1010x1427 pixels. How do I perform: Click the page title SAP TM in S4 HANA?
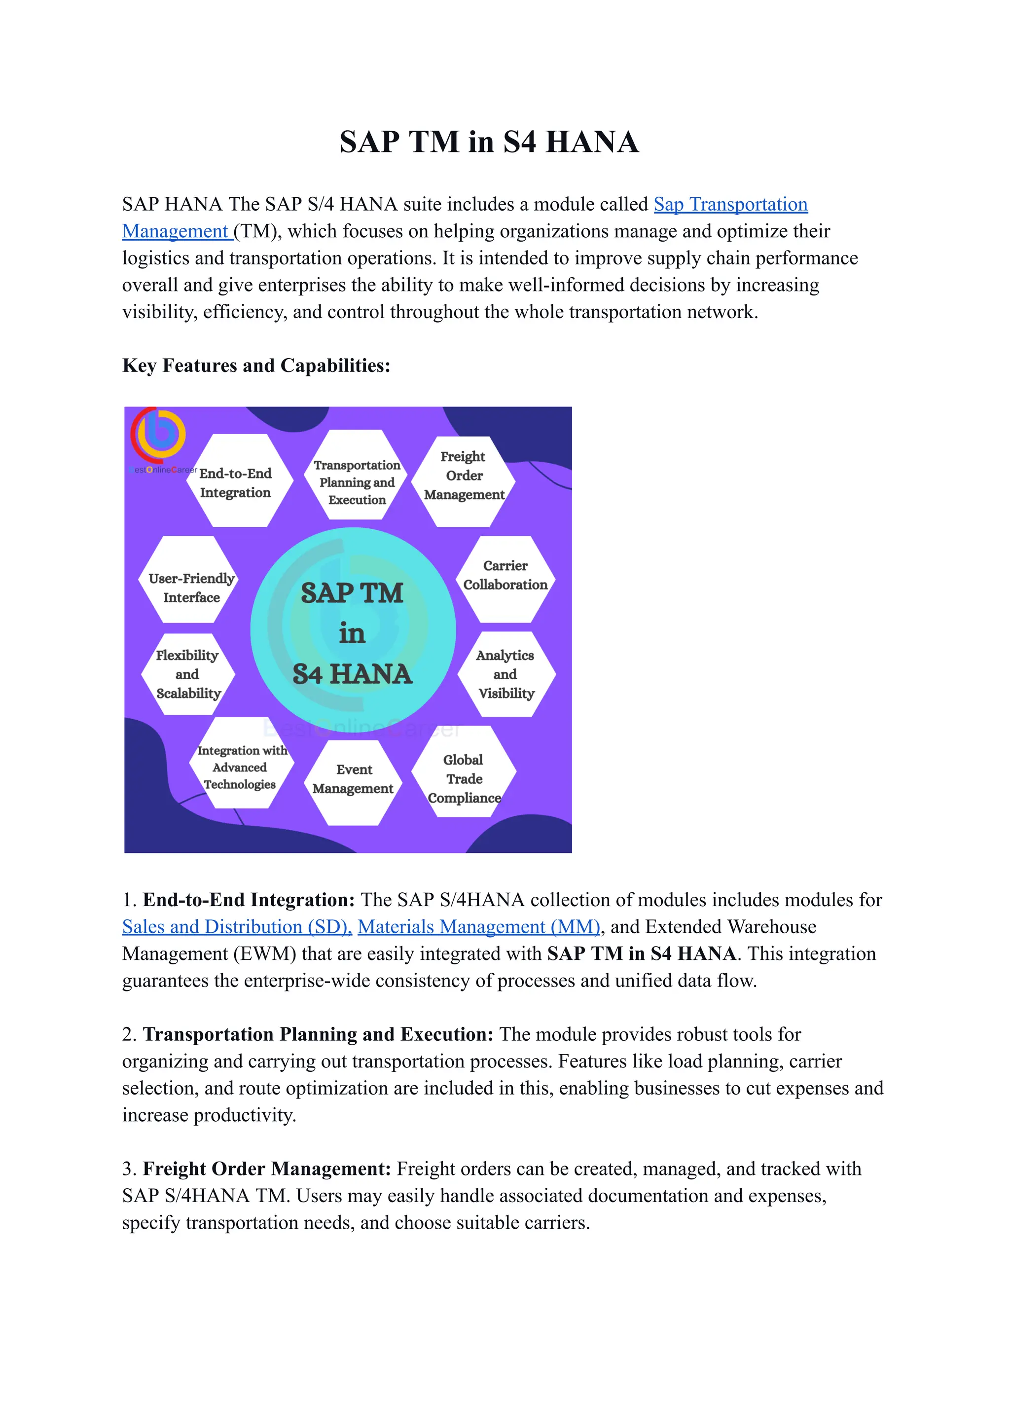[489, 142]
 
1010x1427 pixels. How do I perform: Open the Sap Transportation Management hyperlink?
[730, 205]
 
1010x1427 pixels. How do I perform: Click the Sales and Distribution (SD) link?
[236, 927]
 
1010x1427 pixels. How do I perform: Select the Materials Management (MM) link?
[478, 927]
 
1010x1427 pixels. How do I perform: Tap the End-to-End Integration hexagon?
[236, 482]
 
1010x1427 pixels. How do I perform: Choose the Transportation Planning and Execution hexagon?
[357, 482]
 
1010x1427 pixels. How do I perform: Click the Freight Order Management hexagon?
[464, 476]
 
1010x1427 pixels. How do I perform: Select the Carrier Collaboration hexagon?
[505, 576]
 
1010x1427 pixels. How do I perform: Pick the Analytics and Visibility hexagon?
[505, 674]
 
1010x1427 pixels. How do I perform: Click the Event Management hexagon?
[353, 779]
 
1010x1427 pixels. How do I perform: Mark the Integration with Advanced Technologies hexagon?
[240, 767]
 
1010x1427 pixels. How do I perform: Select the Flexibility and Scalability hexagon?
[188, 674]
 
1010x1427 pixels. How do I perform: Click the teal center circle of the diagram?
[353, 631]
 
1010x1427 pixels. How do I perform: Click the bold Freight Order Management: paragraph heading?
[267, 1169]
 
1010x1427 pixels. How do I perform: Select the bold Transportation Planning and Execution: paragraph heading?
[318, 1034]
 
